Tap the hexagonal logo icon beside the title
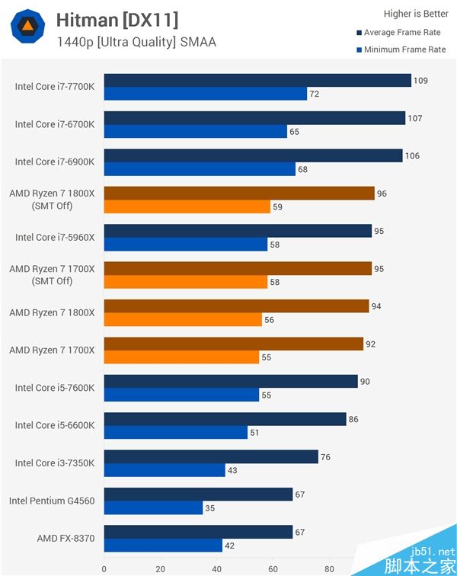point(27,27)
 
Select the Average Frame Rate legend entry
point(401,33)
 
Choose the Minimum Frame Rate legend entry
point(401,50)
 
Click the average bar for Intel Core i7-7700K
point(257,80)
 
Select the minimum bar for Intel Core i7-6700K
point(196,131)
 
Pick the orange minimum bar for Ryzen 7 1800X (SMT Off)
point(187,206)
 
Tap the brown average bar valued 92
point(234,344)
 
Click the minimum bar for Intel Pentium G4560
point(153,508)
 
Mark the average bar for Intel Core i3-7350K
point(211,456)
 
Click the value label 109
point(420,80)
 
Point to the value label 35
point(211,508)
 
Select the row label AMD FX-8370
point(66,539)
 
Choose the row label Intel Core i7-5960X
point(55,237)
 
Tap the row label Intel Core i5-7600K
point(55,388)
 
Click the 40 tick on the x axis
point(216,568)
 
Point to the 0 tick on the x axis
point(104,568)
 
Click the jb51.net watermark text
point(432,551)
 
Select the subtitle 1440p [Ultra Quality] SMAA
point(136,42)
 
